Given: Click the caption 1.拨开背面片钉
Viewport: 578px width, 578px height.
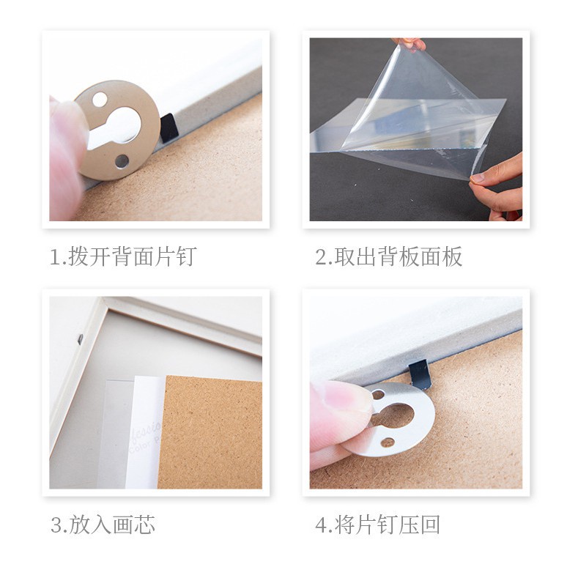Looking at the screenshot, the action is [x=123, y=256].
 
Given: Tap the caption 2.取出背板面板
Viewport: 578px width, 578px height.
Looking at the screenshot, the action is [x=389, y=256].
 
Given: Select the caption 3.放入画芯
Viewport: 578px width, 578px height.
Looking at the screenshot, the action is [x=103, y=525].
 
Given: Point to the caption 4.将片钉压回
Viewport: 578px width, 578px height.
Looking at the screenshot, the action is [x=378, y=525].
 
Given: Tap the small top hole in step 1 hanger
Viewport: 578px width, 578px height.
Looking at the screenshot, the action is [x=100, y=100].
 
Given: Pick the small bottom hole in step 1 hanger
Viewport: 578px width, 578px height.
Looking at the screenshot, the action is [x=122, y=161].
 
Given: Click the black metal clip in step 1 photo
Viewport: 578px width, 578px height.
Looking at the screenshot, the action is [x=169, y=127].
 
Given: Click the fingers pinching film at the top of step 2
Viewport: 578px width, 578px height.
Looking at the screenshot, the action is [x=410, y=44].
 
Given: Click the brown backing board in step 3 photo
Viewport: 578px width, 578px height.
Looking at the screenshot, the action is [x=210, y=432].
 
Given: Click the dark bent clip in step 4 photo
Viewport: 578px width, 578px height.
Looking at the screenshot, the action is [x=420, y=374].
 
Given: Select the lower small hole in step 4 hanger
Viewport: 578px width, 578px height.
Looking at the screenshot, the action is [x=387, y=442].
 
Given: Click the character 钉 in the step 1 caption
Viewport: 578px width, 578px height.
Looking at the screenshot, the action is [x=187, y=256].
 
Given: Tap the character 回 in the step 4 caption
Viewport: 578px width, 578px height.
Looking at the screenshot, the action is [x=430, y=525].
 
